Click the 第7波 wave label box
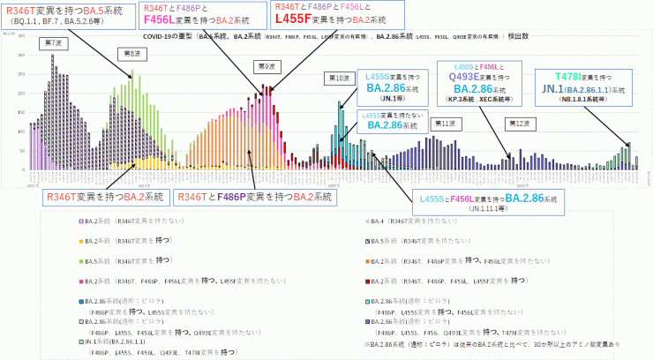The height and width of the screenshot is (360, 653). (51, 42)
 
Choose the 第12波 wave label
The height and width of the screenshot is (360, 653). (519, 123)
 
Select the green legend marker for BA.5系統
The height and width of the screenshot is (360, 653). (80, 260)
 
